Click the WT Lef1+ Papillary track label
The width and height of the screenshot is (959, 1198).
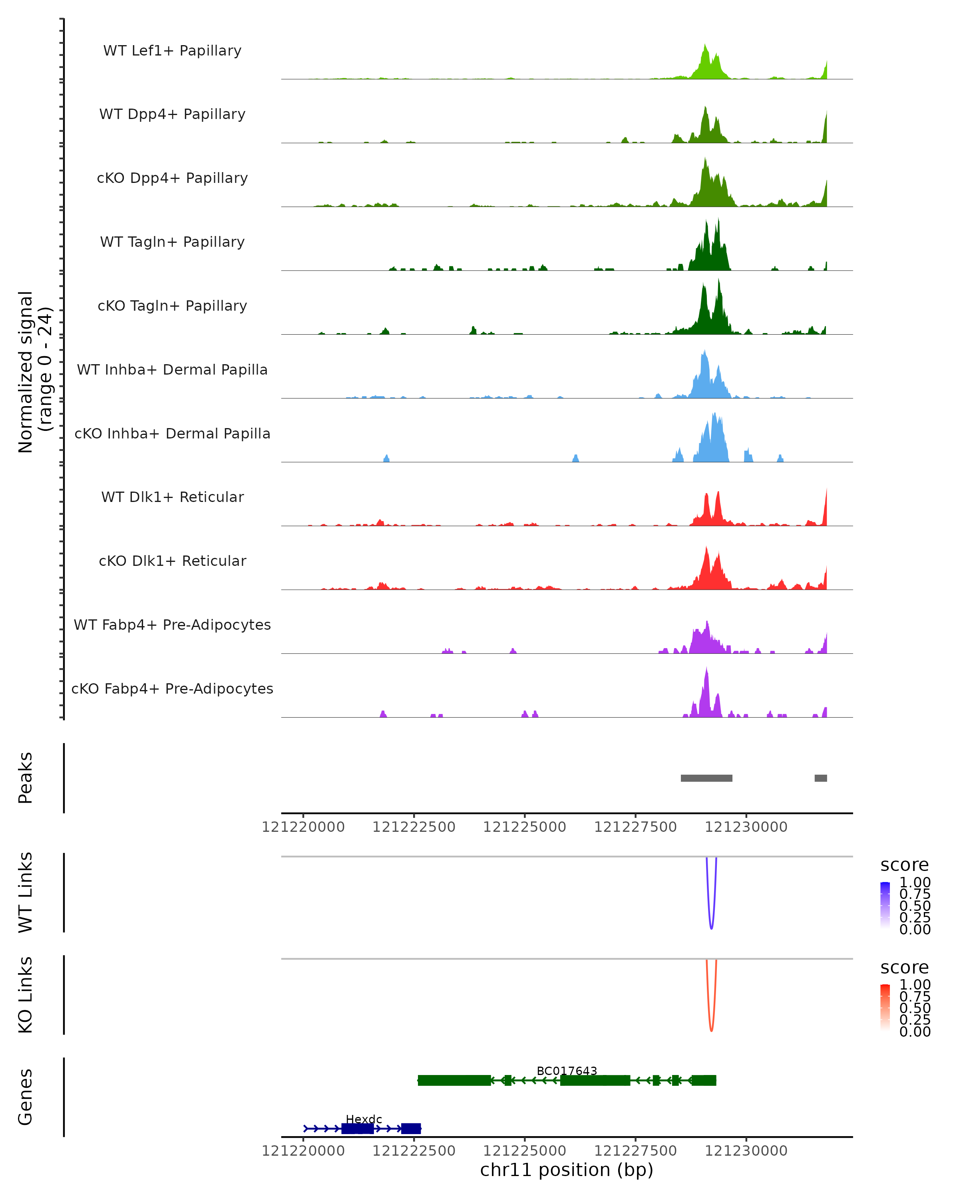click(x=172, y=51)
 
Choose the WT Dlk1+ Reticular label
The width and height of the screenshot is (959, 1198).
click(x=172, y=497)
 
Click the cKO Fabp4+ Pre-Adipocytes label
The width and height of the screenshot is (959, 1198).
click(x=172, y=688)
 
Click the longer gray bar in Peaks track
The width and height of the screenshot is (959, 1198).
click(x=706, y=778)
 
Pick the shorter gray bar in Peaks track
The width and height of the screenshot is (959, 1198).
click(x=821, y=778)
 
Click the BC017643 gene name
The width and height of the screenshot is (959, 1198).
click(x=567, y=1071)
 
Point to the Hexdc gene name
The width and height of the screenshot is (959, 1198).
click(x=364, y=1119)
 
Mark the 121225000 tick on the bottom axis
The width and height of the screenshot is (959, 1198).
click(x=525, y=1151)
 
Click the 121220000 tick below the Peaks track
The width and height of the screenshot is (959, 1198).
click(x=304, y=827)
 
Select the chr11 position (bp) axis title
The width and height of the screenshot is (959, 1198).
click(x=567, y=1170)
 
